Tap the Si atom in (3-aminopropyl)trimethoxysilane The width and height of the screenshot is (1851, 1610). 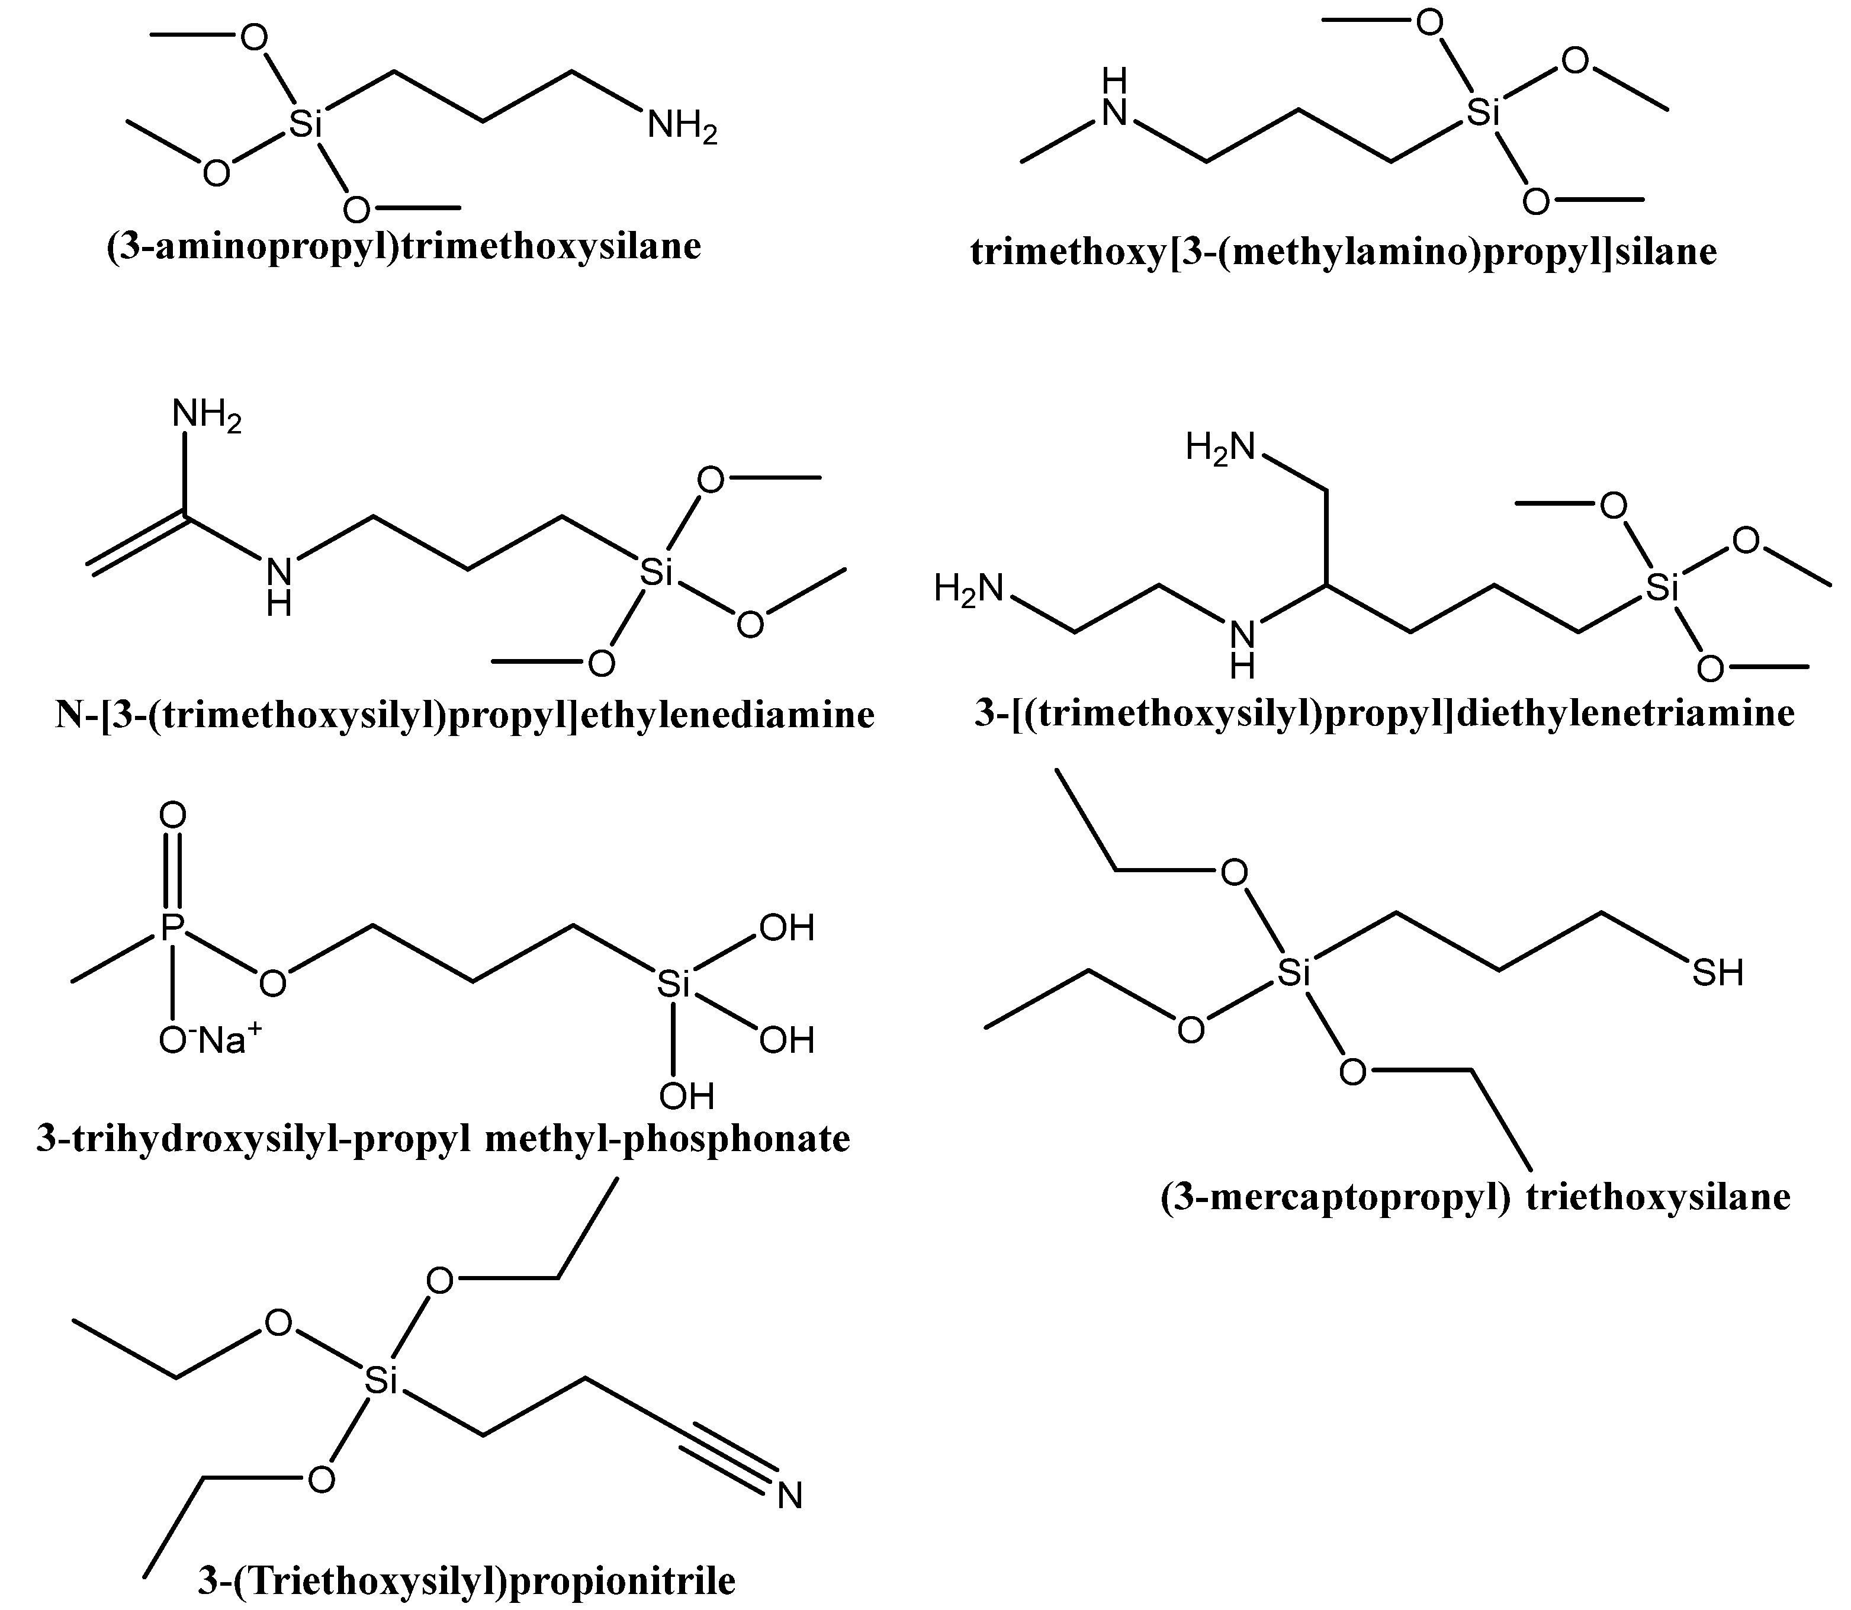tap(306, 125)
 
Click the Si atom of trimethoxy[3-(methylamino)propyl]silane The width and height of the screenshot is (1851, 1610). tap(1483, 113)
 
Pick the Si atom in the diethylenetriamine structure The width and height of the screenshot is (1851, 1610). tap(1662, 589)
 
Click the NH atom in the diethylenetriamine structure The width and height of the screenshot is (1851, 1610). tap(1243, 647)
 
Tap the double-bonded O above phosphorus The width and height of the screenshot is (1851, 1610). tap(172, 816)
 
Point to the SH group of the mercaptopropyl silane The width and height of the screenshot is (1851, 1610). tap(1717, 973)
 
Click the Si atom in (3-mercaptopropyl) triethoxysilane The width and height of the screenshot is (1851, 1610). tap(1293, 973)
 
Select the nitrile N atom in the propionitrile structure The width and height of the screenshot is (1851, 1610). tap(789, 1496)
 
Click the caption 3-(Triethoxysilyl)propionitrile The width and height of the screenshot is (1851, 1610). tap(467, 1580)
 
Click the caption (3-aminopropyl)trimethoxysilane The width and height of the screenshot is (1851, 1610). tap(403, 246)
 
